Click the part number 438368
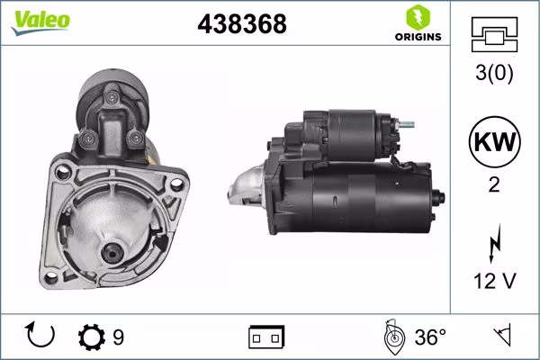click(241, 24)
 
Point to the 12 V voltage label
click(493, 283)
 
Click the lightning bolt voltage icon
click(493, 246)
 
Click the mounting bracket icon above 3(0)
click(492, 35)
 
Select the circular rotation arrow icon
click(41, 337)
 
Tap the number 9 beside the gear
click(118, 337)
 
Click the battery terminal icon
click(266, 337)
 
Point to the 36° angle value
click(430, 337)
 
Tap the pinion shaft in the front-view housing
click(112, 256)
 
